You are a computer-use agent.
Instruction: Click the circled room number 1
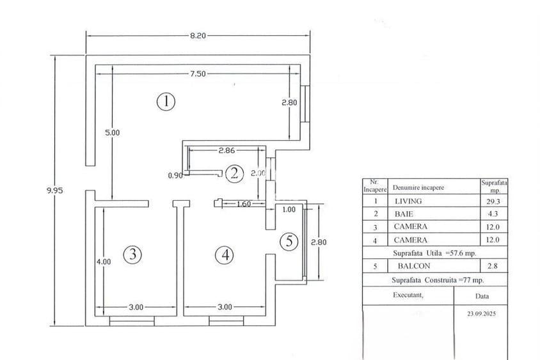[166, 101]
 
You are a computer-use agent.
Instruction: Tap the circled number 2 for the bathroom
[235, 173]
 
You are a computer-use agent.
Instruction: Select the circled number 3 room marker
[132, 254]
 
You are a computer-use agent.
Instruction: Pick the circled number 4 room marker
[224, 254]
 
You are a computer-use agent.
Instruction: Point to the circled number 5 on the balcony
[289, 241]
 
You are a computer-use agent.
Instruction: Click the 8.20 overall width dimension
[198, 36]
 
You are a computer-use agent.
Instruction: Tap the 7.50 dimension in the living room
[198, 74]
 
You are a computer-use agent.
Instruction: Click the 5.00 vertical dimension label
[113, 132]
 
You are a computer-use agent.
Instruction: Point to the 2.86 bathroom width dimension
[228, 151]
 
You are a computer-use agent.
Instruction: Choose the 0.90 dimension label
[175, 175]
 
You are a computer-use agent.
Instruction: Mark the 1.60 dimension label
[243, 205]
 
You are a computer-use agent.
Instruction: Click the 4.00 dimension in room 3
[104, 261]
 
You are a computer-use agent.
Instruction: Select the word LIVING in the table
[409, 201]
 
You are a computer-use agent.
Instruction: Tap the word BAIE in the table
[404, 214]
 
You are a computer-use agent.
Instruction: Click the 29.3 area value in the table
[493, 201]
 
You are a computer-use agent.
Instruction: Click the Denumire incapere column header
[418, 188]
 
